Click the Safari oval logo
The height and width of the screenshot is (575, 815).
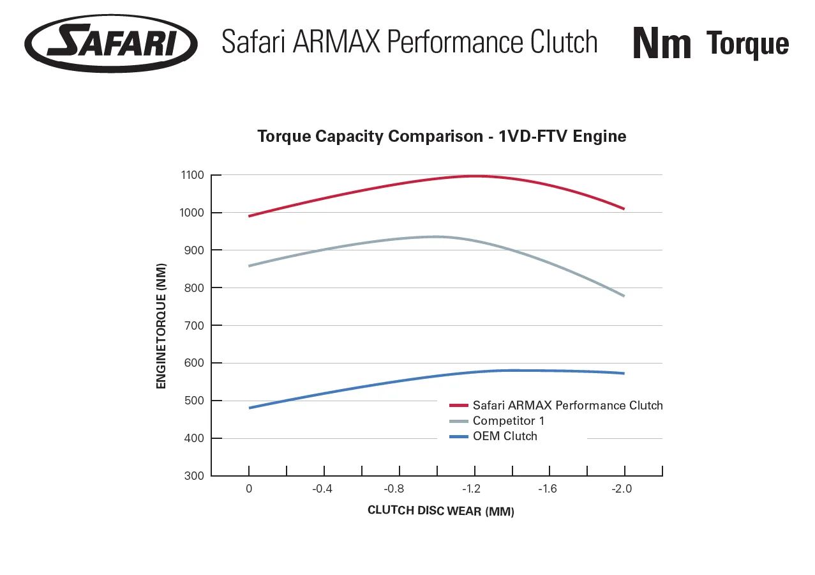click(111, 43)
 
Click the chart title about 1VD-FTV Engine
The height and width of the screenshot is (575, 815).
click(442, 136)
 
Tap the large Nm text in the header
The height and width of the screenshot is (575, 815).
click(662, 43)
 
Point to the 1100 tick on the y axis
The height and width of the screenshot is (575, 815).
click(193, 175)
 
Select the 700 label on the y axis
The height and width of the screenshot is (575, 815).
click(193, 325)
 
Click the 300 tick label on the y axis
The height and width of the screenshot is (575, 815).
click(193, 476)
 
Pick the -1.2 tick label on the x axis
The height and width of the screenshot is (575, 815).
click(471, 489)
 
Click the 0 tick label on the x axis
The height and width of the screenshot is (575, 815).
click(248, 489)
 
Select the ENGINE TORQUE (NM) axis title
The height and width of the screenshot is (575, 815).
click(161, 325)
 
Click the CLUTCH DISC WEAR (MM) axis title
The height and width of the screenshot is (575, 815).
click(441, 511)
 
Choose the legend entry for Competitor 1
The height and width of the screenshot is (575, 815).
click(508, 421)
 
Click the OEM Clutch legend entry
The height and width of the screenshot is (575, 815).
click(504, 436)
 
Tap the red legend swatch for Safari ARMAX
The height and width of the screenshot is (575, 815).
click(460, 406)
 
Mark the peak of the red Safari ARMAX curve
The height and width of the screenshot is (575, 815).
click(475, 176)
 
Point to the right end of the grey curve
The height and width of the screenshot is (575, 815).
click(624, 296)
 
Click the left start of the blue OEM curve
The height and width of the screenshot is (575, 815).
click(250, 408)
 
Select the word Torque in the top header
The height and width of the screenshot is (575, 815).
click(747, 43)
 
